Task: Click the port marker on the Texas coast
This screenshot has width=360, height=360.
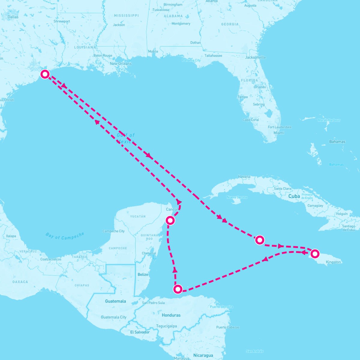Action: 45,74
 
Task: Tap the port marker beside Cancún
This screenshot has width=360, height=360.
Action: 170,220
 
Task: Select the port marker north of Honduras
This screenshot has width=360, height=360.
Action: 178,289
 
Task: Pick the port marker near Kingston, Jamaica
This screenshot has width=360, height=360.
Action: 314,254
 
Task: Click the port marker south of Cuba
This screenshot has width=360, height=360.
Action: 259,240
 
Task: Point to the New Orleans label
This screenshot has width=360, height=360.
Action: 121,64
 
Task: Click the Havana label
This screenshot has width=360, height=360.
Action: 244,177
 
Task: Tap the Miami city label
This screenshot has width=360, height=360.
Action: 279,133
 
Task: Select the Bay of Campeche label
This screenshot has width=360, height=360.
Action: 65,236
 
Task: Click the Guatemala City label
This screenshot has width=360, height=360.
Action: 114,317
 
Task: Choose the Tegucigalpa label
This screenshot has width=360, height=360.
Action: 166,326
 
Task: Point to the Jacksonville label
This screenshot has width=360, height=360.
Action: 255,57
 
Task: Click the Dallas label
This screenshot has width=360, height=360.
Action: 13,17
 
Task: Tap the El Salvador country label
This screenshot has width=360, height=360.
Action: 140,332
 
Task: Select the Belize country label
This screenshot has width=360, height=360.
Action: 143,274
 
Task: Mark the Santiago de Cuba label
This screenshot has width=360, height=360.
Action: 348,228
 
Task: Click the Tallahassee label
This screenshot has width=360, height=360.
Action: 213,55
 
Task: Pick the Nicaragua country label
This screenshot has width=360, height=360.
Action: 203,355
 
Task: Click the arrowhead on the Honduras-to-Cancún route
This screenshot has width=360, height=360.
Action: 175,270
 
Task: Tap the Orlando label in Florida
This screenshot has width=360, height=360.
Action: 260,87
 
